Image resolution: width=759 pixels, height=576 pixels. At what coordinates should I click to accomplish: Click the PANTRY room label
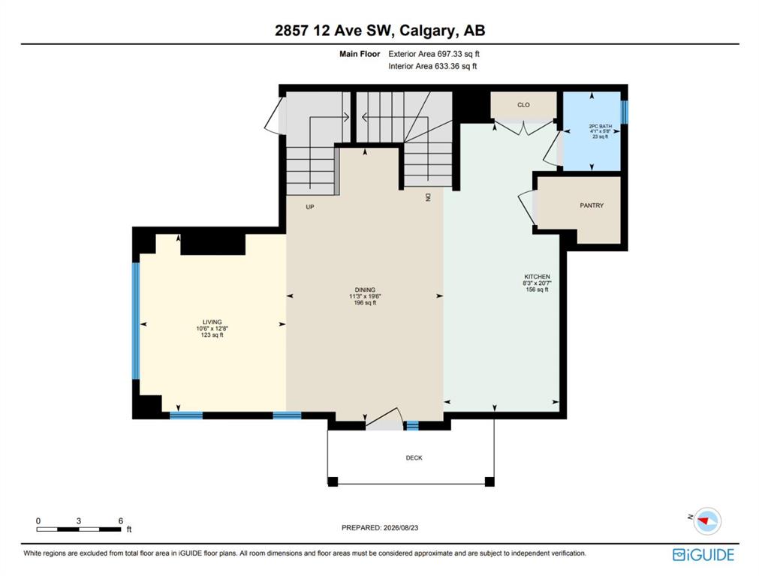tap(592, 205)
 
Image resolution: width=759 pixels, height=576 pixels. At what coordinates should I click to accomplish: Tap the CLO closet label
tap(523, 105)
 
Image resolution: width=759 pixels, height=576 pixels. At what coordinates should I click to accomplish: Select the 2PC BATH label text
tap(601, 126)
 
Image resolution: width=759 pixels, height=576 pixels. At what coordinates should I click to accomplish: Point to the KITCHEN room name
tap(537, 277)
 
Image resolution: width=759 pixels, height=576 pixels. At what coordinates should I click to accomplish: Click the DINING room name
tap(365, 290)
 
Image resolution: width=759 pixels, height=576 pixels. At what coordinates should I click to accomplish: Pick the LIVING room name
tap(212, 322)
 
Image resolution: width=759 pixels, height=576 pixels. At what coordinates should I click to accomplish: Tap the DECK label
tap(414, 457)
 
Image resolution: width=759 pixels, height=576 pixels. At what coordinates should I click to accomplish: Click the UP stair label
tap(310, 207)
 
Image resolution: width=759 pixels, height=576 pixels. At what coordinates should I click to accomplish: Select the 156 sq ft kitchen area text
tap(537, 289)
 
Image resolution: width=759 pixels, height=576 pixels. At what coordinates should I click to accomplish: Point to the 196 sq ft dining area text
tap(365, 303)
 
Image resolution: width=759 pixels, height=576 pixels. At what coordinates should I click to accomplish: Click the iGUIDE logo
tap(703, 555)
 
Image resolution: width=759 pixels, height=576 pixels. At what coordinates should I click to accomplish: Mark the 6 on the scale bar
tap(121, 520)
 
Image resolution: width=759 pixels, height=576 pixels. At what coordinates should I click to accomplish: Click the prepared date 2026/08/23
tap(400, 528)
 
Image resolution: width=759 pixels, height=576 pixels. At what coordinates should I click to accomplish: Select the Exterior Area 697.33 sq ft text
tap(434, 54)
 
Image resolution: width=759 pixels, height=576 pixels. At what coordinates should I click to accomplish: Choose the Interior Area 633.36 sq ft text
tap(432, 66)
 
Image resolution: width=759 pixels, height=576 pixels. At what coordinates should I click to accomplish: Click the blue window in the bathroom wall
tap(625, 112)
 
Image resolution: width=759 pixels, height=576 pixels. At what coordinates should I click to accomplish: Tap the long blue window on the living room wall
tap(136, 321)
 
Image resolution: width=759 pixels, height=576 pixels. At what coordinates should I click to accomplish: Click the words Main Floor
tap(360, 54)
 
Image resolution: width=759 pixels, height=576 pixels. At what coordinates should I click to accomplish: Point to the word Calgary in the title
tap(427, 31)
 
